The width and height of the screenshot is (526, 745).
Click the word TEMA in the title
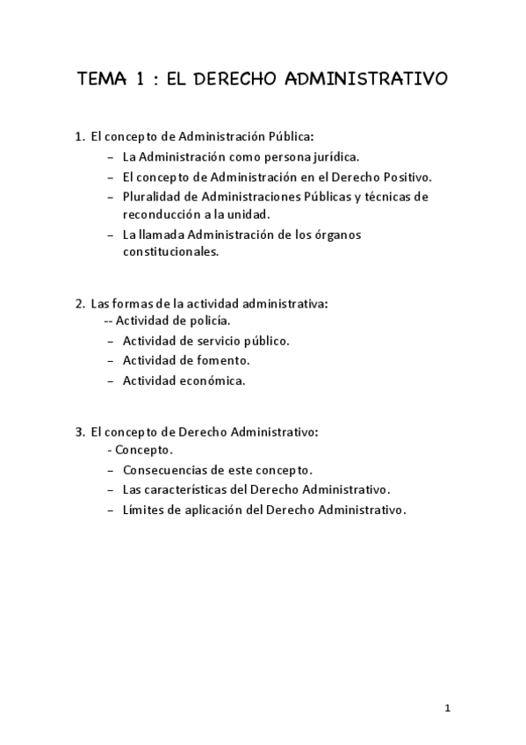pos(98,80)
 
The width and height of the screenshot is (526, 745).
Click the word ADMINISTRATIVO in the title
pos(367,80)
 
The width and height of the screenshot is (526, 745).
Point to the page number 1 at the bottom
pos(447,708)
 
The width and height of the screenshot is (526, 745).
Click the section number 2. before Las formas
pos(80,304)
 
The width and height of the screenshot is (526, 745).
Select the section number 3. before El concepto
pos(80,432)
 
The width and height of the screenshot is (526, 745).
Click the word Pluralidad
pos(152,197)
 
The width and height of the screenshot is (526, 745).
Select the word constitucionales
pos(170,251)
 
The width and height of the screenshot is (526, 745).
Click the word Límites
pos(143,510)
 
